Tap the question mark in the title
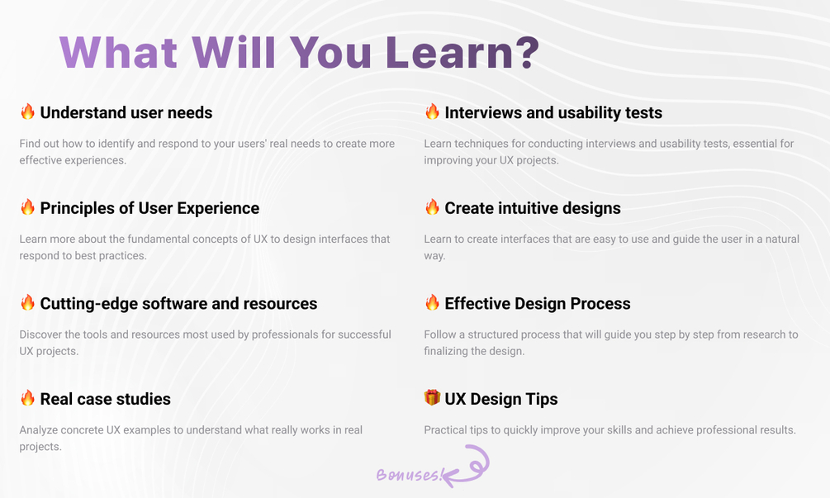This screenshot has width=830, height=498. [x=526, y=52]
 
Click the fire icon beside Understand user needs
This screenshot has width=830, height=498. [x=27, y=111]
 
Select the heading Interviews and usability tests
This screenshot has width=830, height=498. [x=553, y=112]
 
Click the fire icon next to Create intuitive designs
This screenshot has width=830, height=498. [x=432, y=207]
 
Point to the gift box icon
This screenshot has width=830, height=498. [x=432, y=397]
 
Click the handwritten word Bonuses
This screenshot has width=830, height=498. [x=408, y=474]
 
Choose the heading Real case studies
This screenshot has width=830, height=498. [x=106, y=399]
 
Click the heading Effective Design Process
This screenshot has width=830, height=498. [x=538, y=304]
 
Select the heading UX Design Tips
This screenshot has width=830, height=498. [x=500, y=399]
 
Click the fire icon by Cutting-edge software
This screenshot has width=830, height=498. [x=27, y=302]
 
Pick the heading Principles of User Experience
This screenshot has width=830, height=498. [x=149, y=208]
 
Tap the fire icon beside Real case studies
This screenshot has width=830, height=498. [x=27, y=397]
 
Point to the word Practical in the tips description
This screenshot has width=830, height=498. [x=445, y=429]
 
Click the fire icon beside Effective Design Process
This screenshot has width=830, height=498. [x=432, y=302]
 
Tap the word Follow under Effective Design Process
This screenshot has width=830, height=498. [x=439, y=334]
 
